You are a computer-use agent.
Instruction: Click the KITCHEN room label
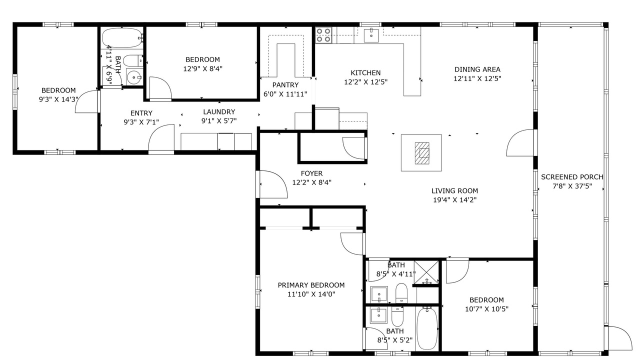(x=365, y=73)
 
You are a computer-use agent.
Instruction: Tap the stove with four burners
(x=323, y=35)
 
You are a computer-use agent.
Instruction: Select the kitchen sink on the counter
(x=371, y=35)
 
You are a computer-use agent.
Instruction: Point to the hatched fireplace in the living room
(x=422, y=153)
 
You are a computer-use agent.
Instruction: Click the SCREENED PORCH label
(x=572, y=177)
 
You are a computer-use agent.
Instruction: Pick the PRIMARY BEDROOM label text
(x=311, y=285)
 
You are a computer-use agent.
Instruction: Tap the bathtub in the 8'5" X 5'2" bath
(x=427, y=328)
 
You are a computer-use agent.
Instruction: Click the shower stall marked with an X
(x=426, y=273)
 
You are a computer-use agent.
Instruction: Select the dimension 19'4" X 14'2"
(x=455, y=200)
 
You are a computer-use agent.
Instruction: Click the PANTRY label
(x=285, y=85)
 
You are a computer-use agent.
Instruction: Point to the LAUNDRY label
(x=219, y=111)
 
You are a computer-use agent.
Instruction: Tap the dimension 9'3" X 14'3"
(x=58, y=99)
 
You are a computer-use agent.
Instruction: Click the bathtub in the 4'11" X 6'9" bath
(x=122, y=38)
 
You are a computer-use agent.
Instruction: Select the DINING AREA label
(x=477, y=69)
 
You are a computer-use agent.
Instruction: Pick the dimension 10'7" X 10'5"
(x=486, y=309)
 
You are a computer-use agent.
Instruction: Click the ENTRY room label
(x=141, y=113)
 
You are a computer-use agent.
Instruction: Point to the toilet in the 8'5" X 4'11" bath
(x=401, y=293)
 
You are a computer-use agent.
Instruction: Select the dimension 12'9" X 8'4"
(x=203, y=69)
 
